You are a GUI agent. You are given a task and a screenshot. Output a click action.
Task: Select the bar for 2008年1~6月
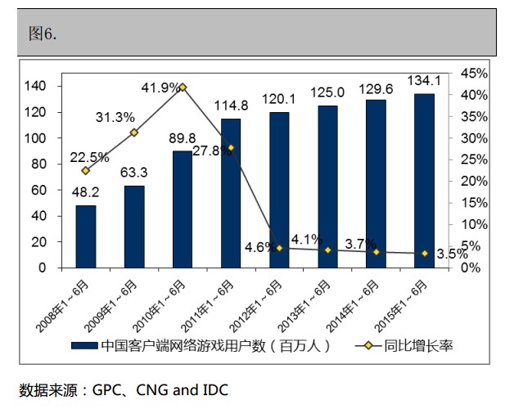pos(85,236)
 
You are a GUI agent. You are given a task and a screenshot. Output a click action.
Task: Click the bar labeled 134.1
pos(424,180)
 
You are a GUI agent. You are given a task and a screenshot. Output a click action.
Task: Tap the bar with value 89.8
pos(182,209)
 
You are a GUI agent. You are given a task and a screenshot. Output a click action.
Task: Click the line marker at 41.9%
pos(182,87)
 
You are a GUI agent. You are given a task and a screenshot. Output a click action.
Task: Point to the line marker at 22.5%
pos(85,170)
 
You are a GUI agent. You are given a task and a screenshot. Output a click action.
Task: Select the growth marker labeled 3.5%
pos(424,254)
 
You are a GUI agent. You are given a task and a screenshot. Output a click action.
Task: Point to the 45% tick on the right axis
pos(476,74)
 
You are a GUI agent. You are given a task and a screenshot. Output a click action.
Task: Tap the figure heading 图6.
pos(42,34)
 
